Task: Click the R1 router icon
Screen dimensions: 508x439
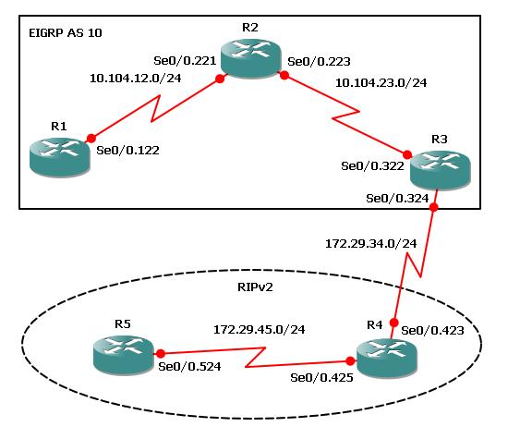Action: (x=60, y=157)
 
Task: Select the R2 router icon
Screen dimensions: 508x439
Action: (x=250, y=59)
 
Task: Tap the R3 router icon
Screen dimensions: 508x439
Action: (x=440, y=170)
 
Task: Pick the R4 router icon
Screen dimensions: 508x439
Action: (x=386, y=359)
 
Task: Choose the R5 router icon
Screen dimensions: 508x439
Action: (x=124, y=355)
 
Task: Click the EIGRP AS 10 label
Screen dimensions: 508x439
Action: (x=66, y=32)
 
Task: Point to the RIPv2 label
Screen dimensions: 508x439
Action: (x=255, y=287)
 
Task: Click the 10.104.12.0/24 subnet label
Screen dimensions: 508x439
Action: (x=136, y=79)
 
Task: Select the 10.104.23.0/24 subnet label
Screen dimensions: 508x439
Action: (x=381, y=82)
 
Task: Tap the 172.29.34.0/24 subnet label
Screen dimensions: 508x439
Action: (x=371, y=243)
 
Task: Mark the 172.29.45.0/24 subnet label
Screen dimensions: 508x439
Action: (x=260, y=330)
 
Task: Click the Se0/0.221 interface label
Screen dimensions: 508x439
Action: (x=185, y=61)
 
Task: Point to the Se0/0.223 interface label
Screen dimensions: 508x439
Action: (x=320, y=61)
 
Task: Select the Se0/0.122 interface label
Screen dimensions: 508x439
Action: (x=128, y=150)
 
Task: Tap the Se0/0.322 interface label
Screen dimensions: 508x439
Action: (x=372, y=166)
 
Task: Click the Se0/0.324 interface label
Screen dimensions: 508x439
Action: (x=397, y=198)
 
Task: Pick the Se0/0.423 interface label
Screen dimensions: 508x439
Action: (x=432, y=330)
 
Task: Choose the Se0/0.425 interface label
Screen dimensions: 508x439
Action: (x=321, y=378)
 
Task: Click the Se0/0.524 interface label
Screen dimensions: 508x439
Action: (x=189, y=366)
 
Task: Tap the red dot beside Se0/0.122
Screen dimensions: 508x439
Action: (x=91, y=139)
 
